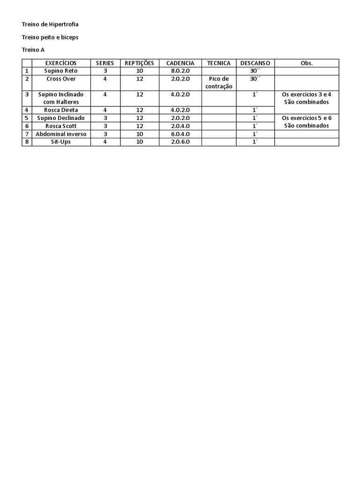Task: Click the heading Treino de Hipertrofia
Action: point(47,24)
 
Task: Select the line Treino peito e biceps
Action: point(50,37)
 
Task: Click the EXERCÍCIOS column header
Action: point(61,63)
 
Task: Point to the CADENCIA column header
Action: point(180,63)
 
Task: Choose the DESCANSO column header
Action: point(255,63)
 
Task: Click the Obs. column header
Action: point(307,63)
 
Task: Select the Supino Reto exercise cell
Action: point(61,71)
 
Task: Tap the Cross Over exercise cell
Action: point(61,79)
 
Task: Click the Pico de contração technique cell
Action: point(219,82)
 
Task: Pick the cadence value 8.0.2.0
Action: point(180,71)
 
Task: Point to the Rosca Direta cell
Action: point(61,110)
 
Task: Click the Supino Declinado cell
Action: point(61,118)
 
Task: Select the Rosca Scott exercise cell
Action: point(61,126)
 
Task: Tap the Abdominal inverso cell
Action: point(61,134)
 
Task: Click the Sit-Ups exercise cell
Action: point(61,142)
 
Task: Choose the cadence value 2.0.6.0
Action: point(180,142)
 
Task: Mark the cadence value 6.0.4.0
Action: point(180,134)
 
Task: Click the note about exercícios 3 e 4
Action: point(307,98)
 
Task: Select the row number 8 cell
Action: point(27,142)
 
